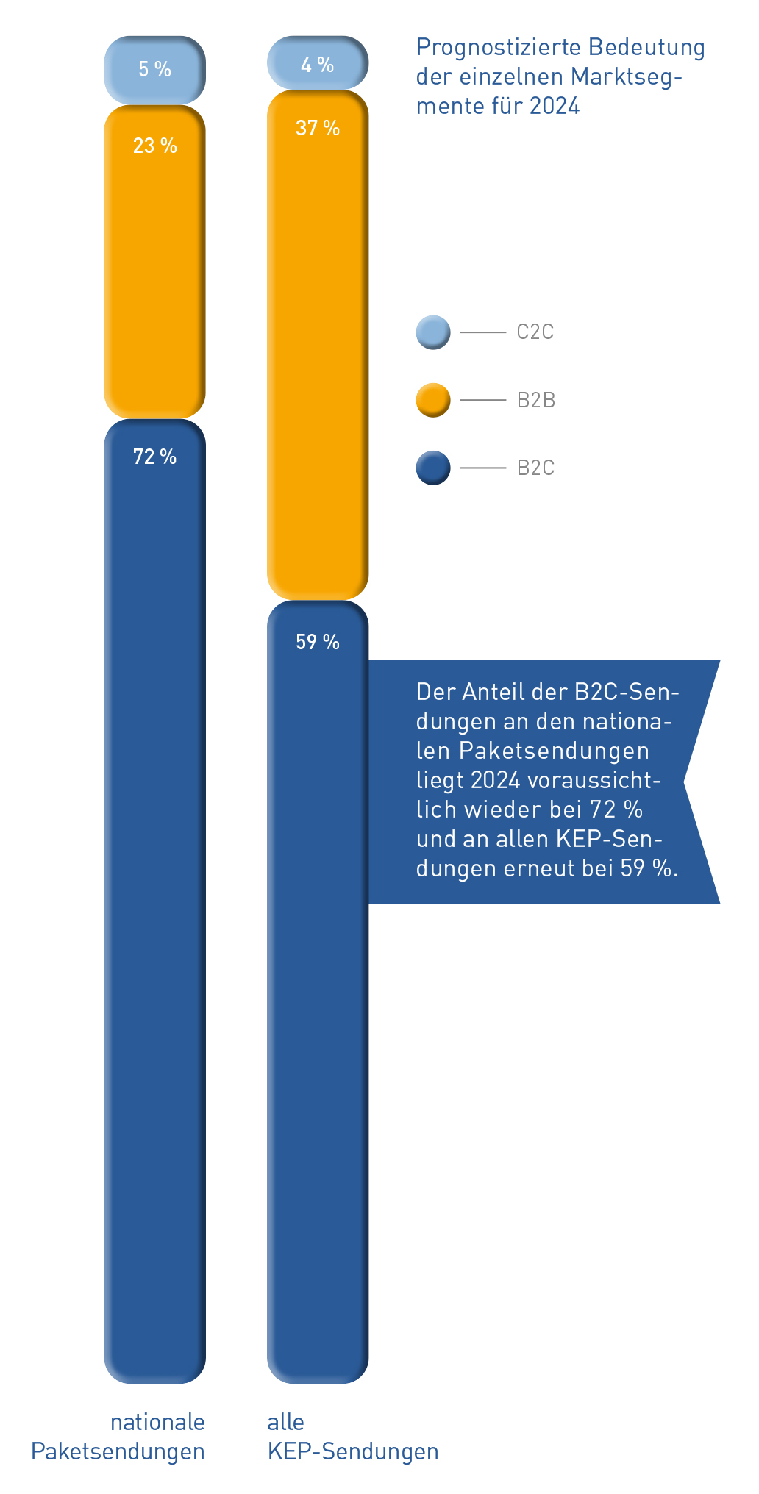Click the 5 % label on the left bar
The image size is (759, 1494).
154,70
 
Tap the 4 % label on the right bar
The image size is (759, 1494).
317,65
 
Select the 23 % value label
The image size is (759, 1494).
154,146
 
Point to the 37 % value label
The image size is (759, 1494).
317,129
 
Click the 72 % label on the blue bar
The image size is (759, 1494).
154,457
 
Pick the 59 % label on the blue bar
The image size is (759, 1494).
317,643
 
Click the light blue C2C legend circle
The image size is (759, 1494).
433,332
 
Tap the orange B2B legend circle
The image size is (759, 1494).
433,400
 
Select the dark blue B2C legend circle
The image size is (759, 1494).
433,468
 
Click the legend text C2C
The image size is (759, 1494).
535,332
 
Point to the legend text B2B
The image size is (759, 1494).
535,401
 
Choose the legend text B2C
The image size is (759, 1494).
535,468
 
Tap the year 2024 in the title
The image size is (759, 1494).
555,107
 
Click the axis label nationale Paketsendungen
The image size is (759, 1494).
118,1437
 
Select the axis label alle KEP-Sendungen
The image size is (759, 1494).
352,1437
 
